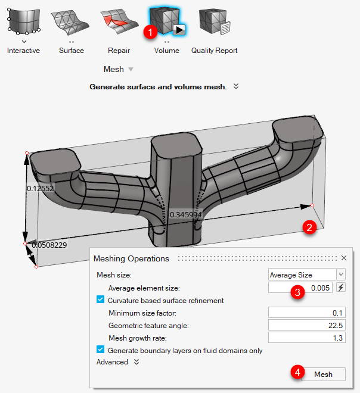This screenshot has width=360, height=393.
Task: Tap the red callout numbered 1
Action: (x=152, y=33)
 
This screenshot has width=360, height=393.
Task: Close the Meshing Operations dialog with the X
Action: (x=343, y=258)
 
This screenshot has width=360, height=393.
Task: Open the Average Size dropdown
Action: (x=306, y=275)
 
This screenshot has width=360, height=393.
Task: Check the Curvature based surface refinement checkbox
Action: (x=100, y=300)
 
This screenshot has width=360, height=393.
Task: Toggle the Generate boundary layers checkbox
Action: (x=100, y=350)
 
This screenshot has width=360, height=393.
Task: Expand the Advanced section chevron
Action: (x=136, y=361)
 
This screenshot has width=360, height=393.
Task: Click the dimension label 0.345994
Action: (x=185, y=214)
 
